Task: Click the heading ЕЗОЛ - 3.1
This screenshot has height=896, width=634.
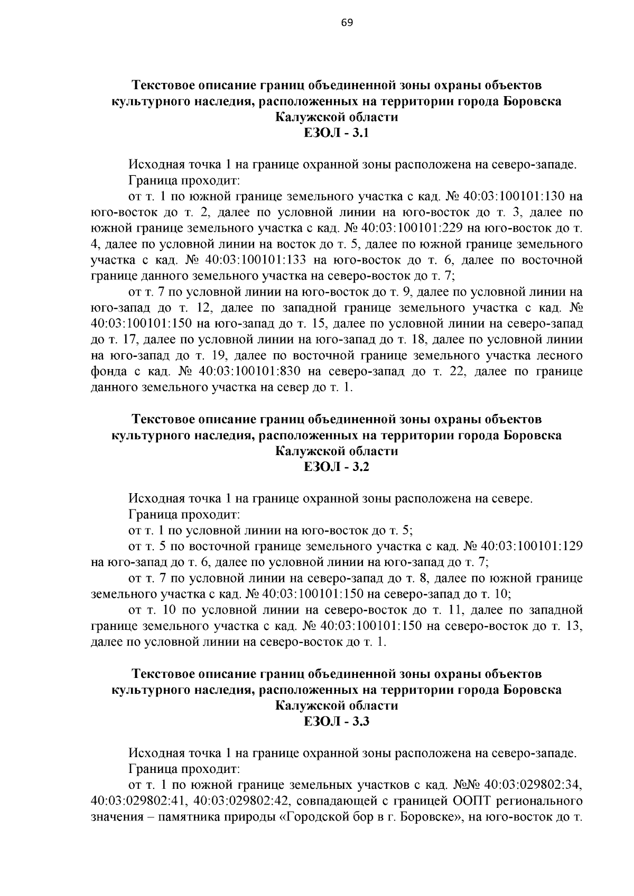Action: (337, 133)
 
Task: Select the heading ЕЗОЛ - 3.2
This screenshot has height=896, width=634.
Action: (337, 467)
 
